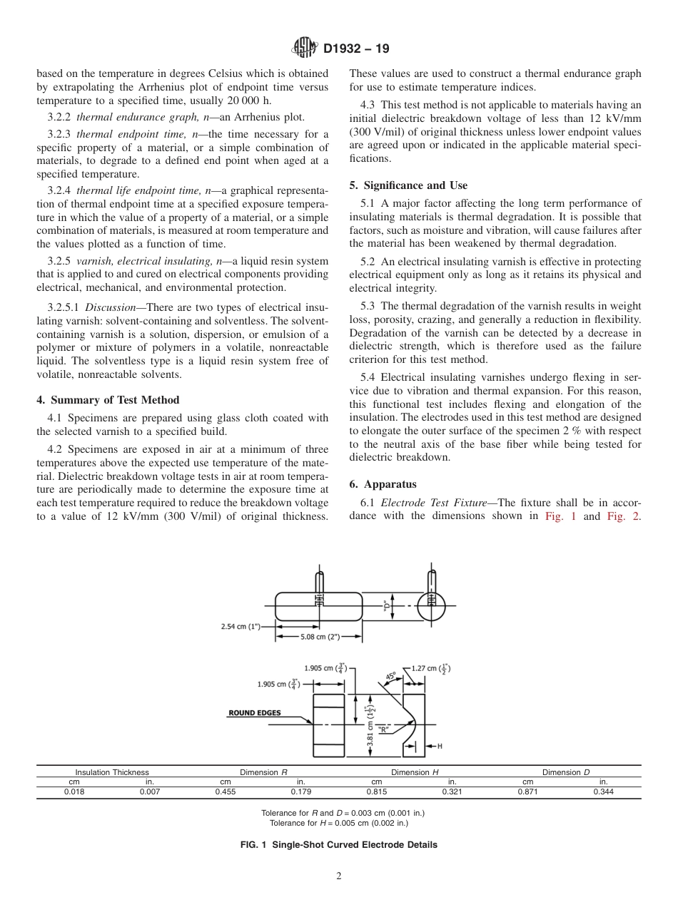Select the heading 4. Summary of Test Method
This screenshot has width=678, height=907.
(108, 399)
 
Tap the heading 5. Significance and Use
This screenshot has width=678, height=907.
(408, 185)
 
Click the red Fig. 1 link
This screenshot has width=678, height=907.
(560, 516)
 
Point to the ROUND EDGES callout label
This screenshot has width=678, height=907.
(254, 712)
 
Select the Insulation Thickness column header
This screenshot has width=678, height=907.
(112, 772)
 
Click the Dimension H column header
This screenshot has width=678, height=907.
(415, 772)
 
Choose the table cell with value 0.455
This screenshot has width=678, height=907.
(225, 791)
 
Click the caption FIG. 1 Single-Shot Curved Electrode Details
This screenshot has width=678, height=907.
(339, 845)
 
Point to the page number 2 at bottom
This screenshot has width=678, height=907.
(339, 876)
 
